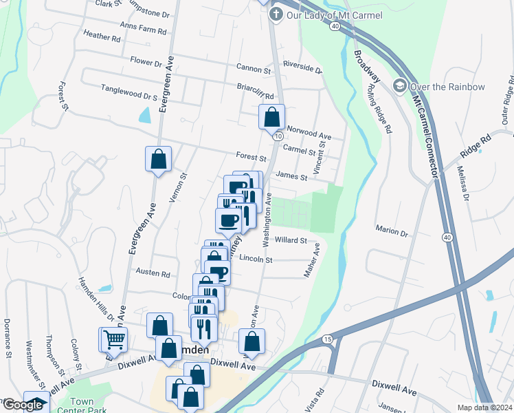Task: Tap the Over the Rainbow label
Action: point(447,87)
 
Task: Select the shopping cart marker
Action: point(115,338)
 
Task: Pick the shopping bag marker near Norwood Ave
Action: point(272,117)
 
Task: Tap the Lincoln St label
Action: point(256,260)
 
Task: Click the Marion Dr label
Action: point(392,229)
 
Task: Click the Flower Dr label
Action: point(146,62)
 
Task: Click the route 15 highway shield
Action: point(326,339)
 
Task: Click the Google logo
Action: point(22,405)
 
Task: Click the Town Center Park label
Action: point(81,406)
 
